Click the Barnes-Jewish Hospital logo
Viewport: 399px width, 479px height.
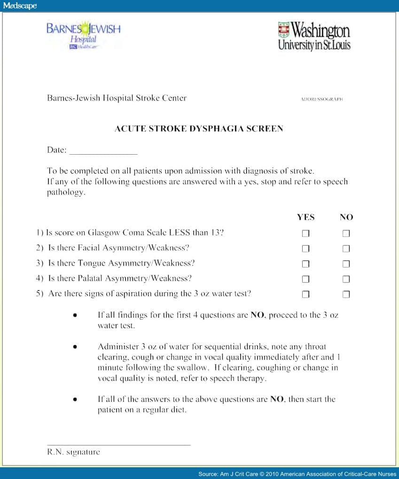(83, 34)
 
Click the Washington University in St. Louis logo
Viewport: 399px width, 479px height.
(314, 35)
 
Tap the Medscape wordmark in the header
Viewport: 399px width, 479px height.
(20, 6)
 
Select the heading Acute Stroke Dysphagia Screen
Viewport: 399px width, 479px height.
(199, 128)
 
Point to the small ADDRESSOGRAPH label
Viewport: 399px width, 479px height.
(321, 99)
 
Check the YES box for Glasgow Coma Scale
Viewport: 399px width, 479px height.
(305, 234)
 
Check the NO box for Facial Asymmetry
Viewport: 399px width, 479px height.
(346, 249)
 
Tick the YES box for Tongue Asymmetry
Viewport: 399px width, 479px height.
(305, 264)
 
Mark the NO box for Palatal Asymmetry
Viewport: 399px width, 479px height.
(346, 279)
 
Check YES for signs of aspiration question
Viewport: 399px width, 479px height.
(305, 294)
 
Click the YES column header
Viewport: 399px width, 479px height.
(305, 217)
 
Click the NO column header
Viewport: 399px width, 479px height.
(346, 217)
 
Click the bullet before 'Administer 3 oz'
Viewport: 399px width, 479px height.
(75, 347)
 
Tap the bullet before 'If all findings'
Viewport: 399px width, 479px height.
(75, 315)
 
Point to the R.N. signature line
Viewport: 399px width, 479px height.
(119, 444)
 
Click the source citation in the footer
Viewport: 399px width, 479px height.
(297, 474)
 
